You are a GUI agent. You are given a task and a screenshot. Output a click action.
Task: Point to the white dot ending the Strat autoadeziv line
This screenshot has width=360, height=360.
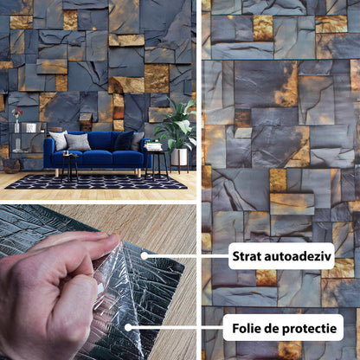click(145, 255)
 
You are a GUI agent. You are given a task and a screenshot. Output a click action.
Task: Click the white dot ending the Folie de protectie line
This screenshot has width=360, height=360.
click(128, 327)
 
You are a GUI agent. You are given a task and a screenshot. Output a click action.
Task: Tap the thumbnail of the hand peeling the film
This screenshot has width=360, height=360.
click(98, 282)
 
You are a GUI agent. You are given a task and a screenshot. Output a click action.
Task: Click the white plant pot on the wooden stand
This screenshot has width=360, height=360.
click(179, 157)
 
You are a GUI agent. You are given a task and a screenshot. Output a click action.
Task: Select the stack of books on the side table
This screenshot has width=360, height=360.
click(153, 145)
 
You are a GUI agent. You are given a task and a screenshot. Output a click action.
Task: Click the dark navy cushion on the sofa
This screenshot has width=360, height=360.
click(124, 140)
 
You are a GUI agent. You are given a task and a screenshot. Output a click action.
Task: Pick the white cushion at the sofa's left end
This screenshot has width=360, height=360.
click(59, 140)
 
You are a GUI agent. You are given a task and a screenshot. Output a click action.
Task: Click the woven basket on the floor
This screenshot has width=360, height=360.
click(11, 166)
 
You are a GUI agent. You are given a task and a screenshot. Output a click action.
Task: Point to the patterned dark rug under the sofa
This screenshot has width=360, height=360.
click(96, 182)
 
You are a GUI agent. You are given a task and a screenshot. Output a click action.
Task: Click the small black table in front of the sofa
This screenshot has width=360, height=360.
click(70, 167)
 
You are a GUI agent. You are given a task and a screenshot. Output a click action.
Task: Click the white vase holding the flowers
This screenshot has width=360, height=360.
click(17, 126)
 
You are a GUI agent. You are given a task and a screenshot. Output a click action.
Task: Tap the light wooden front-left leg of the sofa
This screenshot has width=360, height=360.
click(57, 173)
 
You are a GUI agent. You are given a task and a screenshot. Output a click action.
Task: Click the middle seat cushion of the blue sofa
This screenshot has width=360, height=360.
click(97, 158)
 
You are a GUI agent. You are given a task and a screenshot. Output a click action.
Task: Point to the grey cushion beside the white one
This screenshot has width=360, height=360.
click(78, 142)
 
